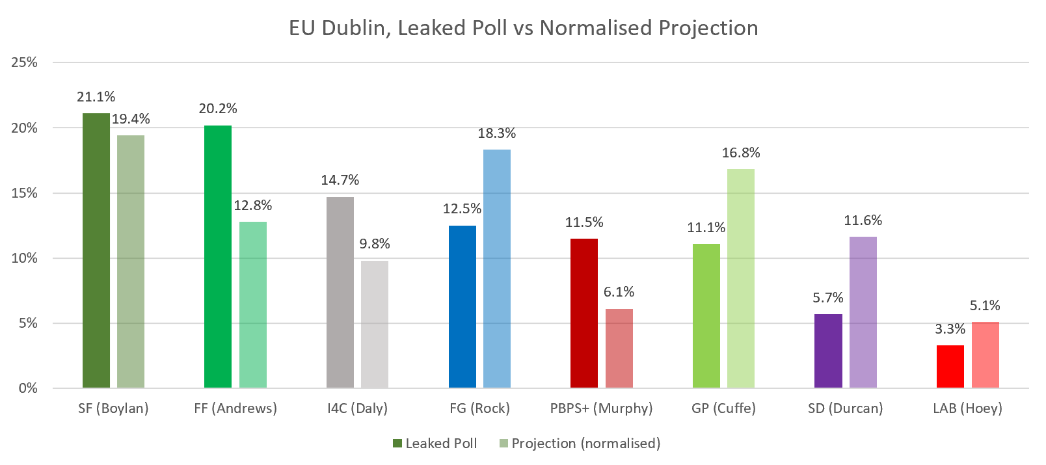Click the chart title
click(x=523, y=28)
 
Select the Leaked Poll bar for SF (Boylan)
click(x=96, y=250)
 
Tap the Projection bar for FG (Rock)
click(x=497, y=269)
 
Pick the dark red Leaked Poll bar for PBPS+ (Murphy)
click(x=584, y=313)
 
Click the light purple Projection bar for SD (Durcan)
click(x=863, y=312)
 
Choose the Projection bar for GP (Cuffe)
click(x=741, y=278)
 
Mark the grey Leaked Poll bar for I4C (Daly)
click(x=340, y=292)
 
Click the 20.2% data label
click(x=218, y=109)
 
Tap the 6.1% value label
click(x=619, y=292)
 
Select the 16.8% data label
click(x=741, y=153)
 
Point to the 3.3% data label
click(x=950, y=329)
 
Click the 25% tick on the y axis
click(x=25, y=62)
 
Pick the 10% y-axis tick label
click(x=25, y=258)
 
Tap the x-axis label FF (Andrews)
click(x=235, y=408)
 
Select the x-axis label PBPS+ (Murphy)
click(x=601, y=408)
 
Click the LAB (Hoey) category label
click(x=967, y=408)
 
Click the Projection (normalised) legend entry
click(x=580, y=444)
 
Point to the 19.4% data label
click(x=131, y=119)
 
